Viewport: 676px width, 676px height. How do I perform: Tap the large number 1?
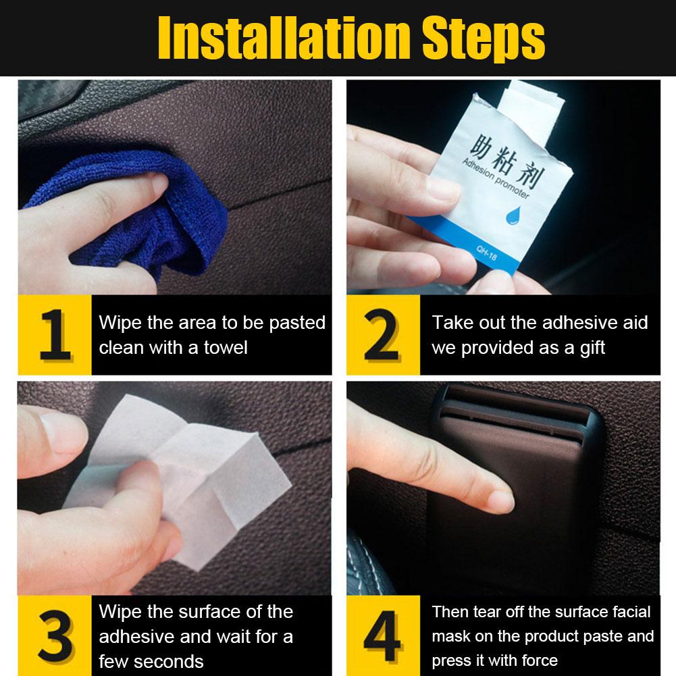click(55, 334)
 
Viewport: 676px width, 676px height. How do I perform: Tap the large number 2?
click(382, 334)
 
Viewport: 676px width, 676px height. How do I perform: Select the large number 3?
click(55, 635)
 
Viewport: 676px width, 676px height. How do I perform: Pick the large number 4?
click(382, 635)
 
